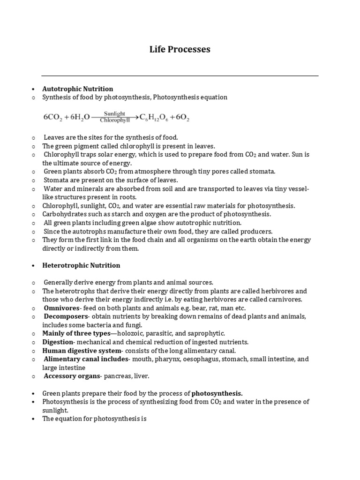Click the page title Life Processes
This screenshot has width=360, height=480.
[x=180, y=49]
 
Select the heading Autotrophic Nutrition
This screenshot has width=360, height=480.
[x=78, y=89]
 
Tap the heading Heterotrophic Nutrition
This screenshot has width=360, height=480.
[x=81, y=265]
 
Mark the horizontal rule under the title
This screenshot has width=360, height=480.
[x=180, y=75]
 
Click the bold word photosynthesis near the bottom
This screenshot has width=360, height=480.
[x=217, y=393]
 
